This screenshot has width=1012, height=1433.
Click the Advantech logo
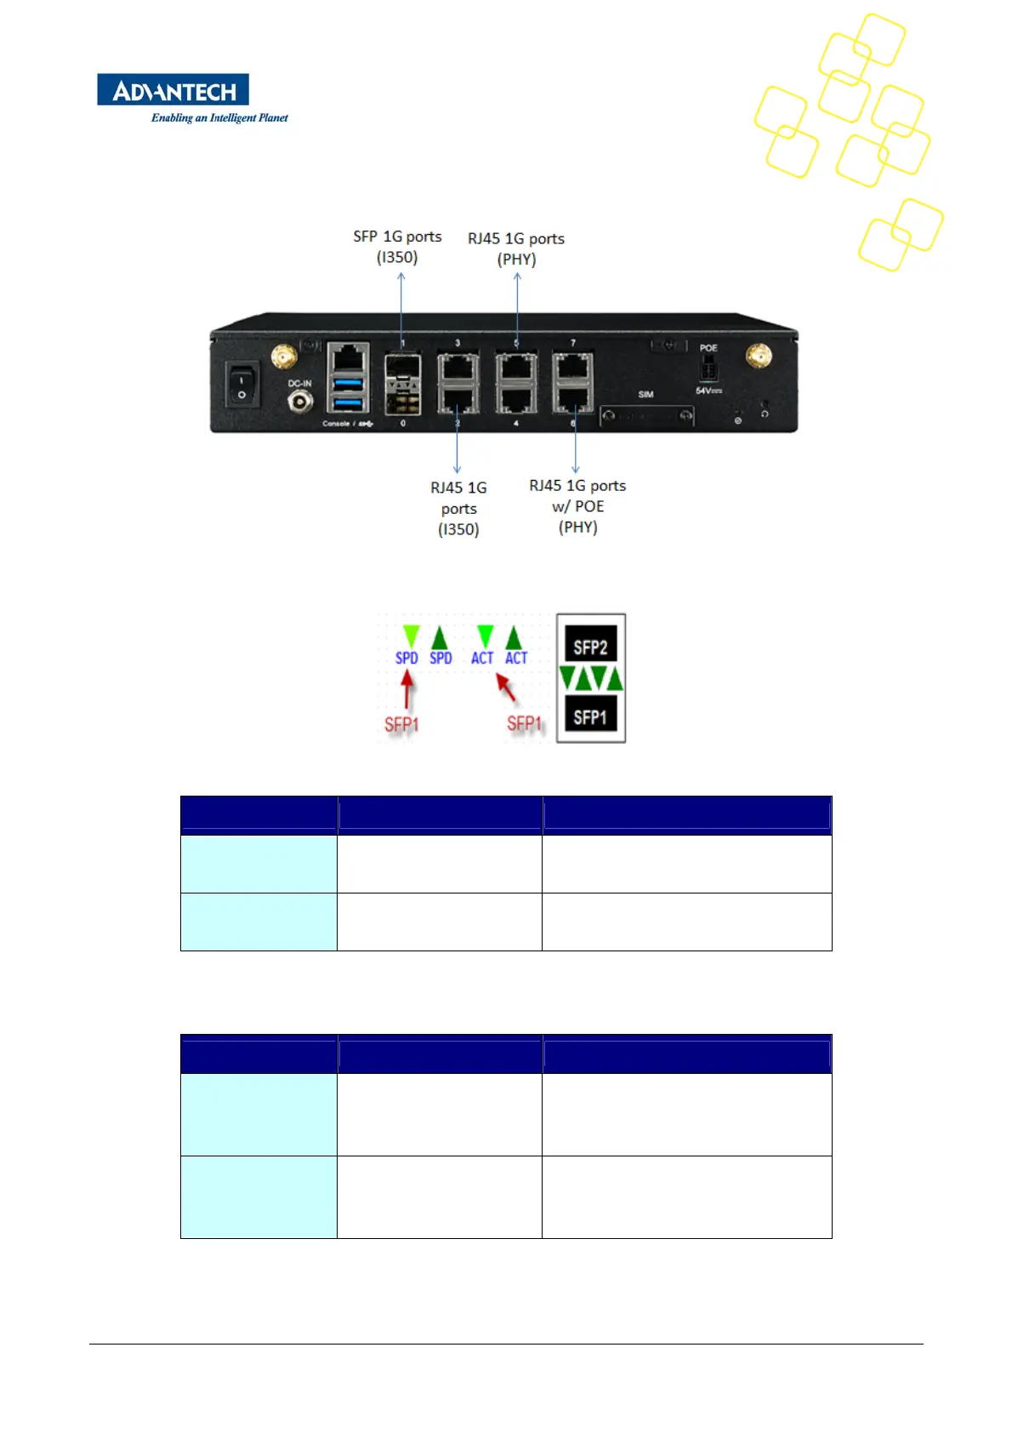pyautogui.click(x=173, y=90)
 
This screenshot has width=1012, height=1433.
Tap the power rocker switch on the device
pyautogui.click(x=242, y=385)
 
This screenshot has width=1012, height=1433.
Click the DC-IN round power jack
pyautogui.click(x=300, y=400)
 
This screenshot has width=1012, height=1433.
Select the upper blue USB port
pyautogui.click(x=348, y=382)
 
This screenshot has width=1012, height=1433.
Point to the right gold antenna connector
pyautogui.click(x=758, y=356)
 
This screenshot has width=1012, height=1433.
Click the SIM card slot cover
pyautogui.click(x=646, y=416)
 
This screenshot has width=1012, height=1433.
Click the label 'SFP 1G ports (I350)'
pyautogui.click(x=397, y=247)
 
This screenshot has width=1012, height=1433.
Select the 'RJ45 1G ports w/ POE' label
pyautogui.click(x=577, y=505)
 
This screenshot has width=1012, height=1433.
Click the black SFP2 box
pyautogui.click(x=590, y=648)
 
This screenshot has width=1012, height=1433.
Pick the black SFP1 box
pyautogui.click(x=590, y=716)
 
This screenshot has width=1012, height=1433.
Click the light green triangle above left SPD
pyautogui.click(x=411, y=637)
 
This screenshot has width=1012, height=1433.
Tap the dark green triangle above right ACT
pyautogui.click(x=514, y=637)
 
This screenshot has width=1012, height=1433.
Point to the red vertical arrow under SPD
pyautogui.click(x=407, y=690)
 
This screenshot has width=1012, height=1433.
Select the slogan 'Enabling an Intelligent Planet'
pyautogui.click(x=219, y=118)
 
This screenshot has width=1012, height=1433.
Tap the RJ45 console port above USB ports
pyautogui.click(x=348, y=357)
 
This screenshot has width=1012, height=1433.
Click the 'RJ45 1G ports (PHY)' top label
pyautogui.click(x=516, y=248)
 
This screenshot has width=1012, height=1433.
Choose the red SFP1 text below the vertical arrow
pyautogui.click(x=401, y=724)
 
